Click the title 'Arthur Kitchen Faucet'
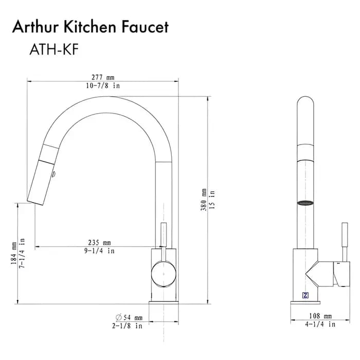[x=90, y=27]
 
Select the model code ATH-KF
[x=53, y=50]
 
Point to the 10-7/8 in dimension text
[x=103, y=86]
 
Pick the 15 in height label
[x=212, y=200]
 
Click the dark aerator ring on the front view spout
[x=307, y=203]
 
